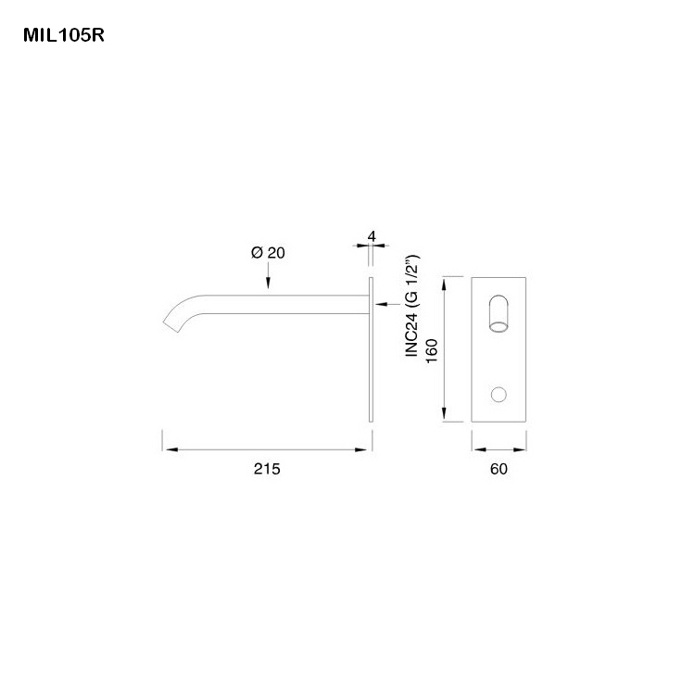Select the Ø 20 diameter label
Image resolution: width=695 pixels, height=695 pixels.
[268, 253]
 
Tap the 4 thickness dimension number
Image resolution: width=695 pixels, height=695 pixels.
[371, 237]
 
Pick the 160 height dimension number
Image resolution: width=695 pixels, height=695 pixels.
[432, 349]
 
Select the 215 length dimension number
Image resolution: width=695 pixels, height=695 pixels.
[267, 469]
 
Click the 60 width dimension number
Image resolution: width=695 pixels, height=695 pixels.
[499, 469]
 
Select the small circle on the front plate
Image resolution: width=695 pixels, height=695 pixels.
[499, 396]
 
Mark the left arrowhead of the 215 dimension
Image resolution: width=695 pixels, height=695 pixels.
[169, 450]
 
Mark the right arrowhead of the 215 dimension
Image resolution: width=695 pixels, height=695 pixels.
[366, 450]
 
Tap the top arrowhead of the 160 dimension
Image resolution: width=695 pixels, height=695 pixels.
[448, 281]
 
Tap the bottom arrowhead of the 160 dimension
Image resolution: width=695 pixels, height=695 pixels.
[448, 418]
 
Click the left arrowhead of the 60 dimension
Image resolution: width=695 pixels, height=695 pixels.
[476, 450]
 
